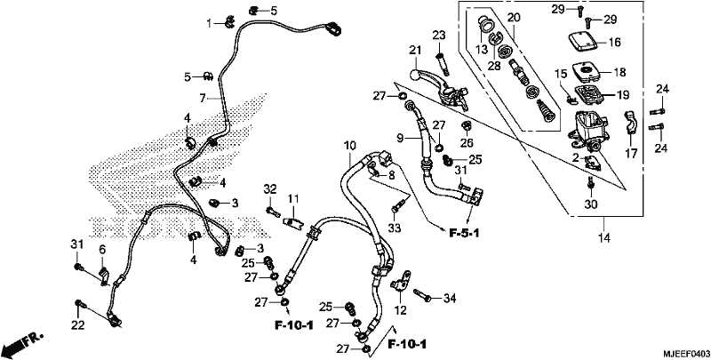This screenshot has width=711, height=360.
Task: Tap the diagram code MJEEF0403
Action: coord(686,353)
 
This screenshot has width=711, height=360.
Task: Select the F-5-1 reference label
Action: coord(464,233)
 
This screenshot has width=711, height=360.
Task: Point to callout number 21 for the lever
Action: coord(415,50)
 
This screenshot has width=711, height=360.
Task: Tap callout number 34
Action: coord(449,299)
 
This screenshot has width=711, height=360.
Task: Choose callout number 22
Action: coord(78,324)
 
